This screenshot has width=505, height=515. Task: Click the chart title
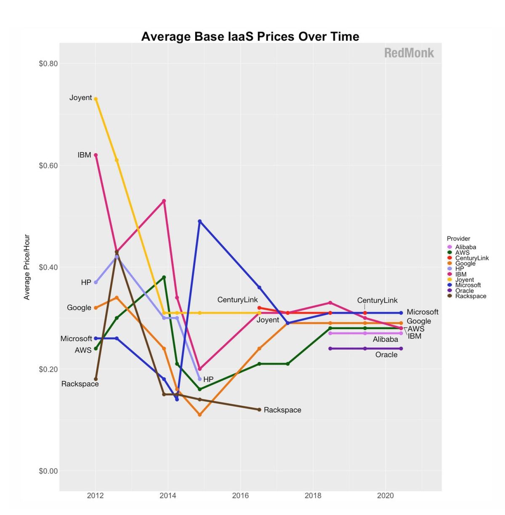250,37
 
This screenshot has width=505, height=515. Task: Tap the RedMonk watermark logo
409,53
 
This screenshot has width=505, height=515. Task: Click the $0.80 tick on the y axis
48,64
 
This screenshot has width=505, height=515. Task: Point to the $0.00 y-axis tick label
48,471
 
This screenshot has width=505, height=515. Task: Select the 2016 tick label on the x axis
240,496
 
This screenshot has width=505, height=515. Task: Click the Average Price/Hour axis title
27,267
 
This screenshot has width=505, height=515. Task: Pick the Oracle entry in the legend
464,291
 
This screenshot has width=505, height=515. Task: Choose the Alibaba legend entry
465,247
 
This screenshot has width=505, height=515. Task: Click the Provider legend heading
458,239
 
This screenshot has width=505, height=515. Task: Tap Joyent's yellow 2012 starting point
96,99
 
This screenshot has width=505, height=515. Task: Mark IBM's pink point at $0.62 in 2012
96,155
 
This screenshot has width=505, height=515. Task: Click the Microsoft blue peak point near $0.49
199,221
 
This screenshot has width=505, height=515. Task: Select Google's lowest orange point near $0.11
199,415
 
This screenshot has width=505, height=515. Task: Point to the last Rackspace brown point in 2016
259,410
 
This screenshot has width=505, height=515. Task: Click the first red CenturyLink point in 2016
259,308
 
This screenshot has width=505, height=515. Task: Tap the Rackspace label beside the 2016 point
282,410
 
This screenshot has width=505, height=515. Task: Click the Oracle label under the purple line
386,355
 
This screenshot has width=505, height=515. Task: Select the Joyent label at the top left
80,98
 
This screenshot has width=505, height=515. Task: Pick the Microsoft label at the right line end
423,312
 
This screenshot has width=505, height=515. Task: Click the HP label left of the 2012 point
86,282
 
